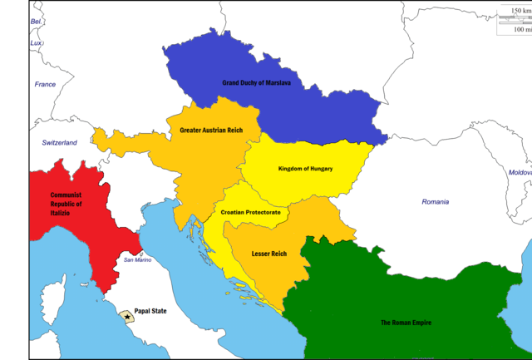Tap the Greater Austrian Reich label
click(210, 130)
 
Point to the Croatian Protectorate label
click(250, 213)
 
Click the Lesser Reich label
click(268, 254)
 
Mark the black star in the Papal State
click(127, 318)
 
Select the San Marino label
click(138, 260)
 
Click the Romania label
click(435, 202)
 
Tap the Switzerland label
click(59, 143)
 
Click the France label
click(45, 84)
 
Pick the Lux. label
click(37, 42)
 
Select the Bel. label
click(37, 22)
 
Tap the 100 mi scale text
click(520, 29)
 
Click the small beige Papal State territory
click(128, 319)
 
